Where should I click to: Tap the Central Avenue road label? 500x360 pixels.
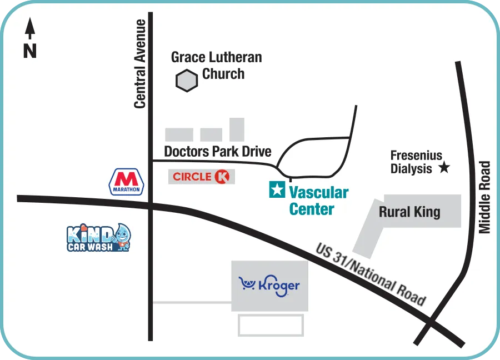click(140, 64)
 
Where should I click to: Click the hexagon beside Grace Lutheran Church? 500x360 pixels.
click(187, 81)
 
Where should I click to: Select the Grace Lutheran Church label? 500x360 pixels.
click(216, 65)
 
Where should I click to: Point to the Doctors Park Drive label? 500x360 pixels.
click(218, 151)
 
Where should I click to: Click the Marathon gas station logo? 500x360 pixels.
click(128, 182)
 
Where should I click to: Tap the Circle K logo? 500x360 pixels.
click(201, 177)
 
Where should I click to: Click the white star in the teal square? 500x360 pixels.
click(277, 190)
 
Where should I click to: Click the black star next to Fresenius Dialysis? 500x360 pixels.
click(444, 167)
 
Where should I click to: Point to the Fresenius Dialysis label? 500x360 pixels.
click(416, 162)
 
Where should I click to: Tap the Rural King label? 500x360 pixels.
click(409, 212)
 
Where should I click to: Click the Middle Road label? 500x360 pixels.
click(485, 197)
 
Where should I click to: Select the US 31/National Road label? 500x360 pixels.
click(371, 274)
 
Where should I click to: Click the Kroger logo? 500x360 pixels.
click(269, 286)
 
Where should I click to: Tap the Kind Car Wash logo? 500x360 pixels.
click(99, 238)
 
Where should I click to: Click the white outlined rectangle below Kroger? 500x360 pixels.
click(271, 325)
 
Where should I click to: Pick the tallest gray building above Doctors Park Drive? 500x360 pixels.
click(237, 129)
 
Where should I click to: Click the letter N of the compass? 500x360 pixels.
click(30, 51)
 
